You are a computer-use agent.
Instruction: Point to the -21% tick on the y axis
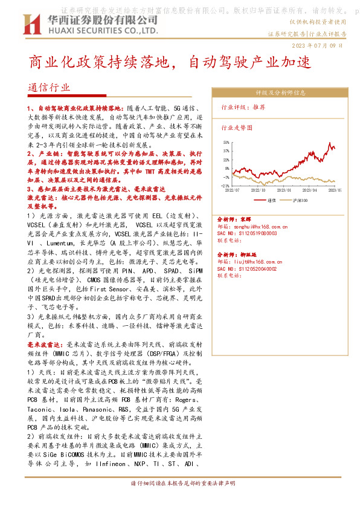(225, 185)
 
